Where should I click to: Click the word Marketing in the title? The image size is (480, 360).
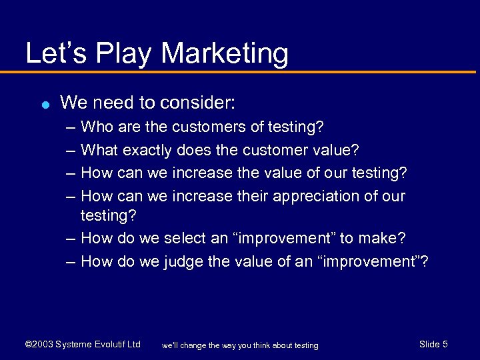coord(225,54)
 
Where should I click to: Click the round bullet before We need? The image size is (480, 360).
coord(44,105)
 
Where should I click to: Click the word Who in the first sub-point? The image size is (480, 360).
coord(95,127)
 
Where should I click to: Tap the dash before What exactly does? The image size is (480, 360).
coord(71,150)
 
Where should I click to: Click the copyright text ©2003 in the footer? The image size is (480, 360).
coord(38,345)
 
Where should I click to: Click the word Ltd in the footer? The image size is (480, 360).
coord(133,345)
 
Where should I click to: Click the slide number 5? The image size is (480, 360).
coord(445,344)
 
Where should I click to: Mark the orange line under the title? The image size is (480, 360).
coord(240,72)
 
